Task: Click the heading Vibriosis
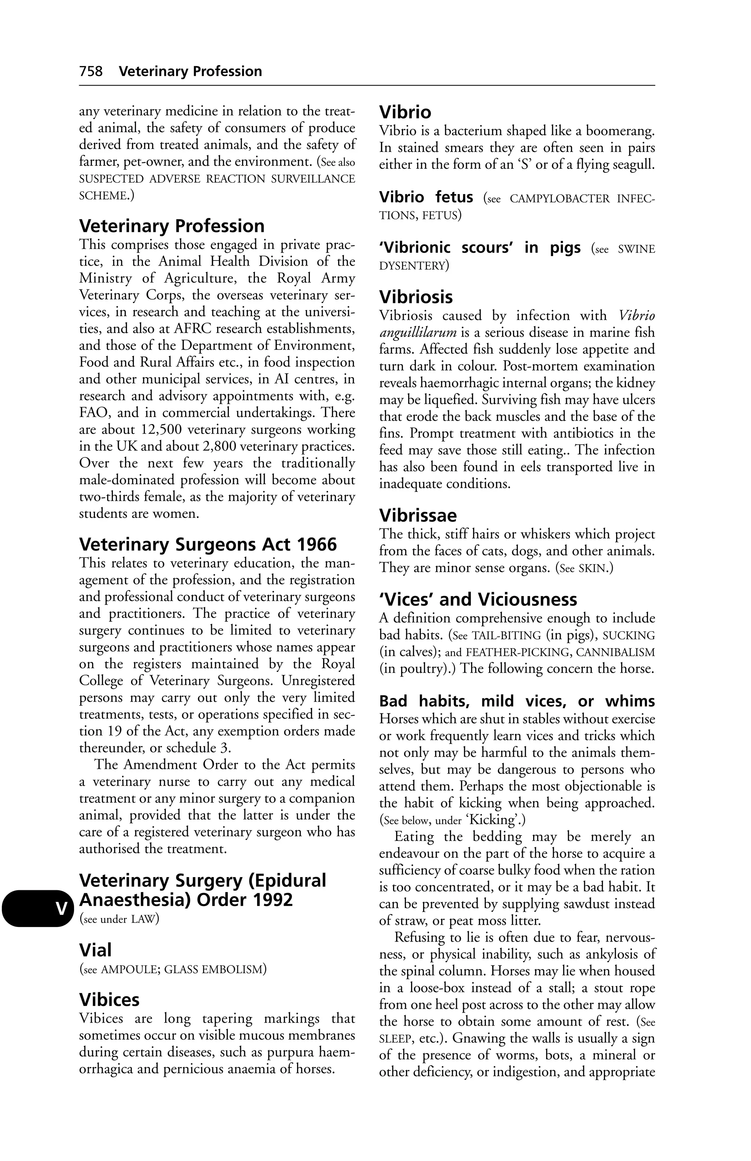pyautogui.click(x=416, y=297)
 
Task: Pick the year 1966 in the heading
pyautogui.click(x=316, y=544)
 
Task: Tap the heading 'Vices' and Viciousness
pyautogui.click(x=478, y=599)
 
